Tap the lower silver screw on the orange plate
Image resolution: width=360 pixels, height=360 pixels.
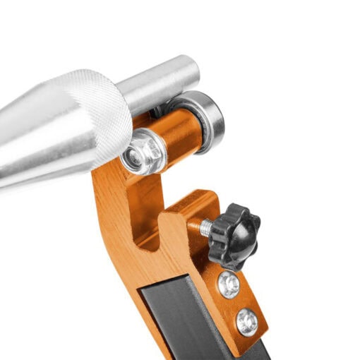tap(247, 322)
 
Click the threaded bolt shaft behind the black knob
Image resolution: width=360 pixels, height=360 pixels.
tap(204, 227)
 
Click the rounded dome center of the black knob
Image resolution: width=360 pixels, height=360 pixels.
tap(236, 235)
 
